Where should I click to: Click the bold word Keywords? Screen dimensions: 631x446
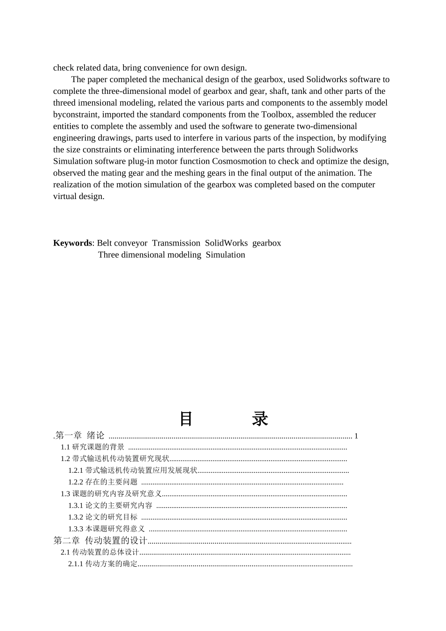(x=73, y=243)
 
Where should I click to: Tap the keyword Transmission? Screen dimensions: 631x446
(x=176, y=243)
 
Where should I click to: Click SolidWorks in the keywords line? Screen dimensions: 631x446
(x=226, y=243)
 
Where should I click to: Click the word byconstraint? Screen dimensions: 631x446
(x=75, y=115)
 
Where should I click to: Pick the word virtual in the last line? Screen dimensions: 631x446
(x=65, y=197)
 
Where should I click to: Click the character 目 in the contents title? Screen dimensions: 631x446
(x=186, y=419)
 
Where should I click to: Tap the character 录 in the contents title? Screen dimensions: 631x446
(x=260, y=419)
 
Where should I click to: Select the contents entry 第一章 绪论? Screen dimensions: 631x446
(x=80, y=436)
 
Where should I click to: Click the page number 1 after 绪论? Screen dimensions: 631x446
(x=356, y=436)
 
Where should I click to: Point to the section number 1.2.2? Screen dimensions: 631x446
(x=76, y=482)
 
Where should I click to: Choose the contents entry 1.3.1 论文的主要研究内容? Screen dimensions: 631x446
(x=110, y=506)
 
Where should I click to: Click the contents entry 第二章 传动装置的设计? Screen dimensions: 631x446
(x=100, y=541)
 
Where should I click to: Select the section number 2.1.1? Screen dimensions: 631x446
(x=76, y=564)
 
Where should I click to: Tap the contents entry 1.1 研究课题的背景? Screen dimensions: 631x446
(x=92, y=447)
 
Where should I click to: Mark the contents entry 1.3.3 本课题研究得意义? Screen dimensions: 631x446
(x=107, y=529)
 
